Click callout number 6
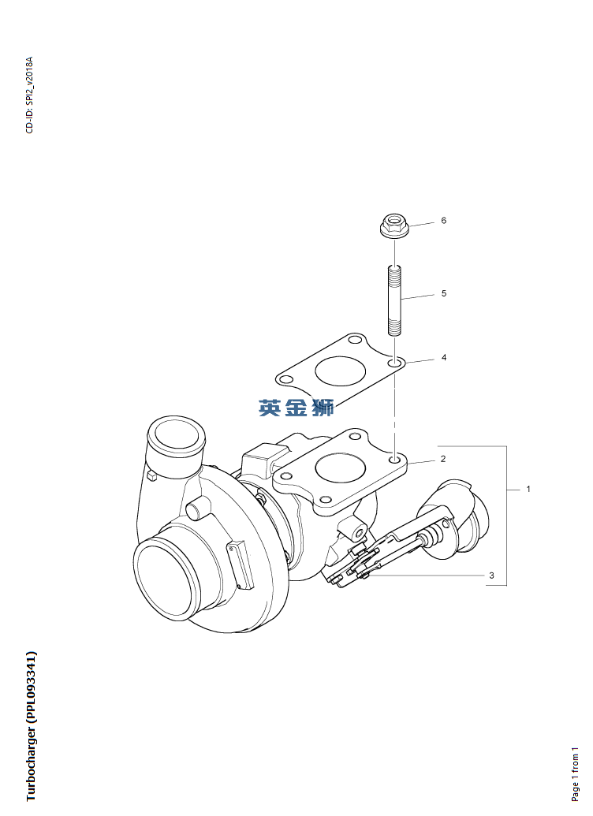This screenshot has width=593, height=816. tap(444, 221)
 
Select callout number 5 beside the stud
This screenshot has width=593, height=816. tap(444, 293)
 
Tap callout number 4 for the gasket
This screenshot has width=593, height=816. tap(444, 357)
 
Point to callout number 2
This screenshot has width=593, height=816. tap(443, 459)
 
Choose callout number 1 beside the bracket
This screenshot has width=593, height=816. tap(528, 489)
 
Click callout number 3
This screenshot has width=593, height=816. tap(491, 576)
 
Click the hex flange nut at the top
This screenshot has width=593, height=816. tap(393, 226)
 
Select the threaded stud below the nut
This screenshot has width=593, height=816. tap(394, 300)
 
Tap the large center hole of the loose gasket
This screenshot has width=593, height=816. tap(340, 371)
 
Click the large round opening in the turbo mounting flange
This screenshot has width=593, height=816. tap(340, 468)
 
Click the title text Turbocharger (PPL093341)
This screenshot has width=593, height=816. tap(32, 726)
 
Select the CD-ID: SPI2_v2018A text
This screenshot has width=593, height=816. tap(29, 95)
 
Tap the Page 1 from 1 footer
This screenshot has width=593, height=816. tap(575, 773)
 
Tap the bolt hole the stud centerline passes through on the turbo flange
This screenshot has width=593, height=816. tap(395, 460)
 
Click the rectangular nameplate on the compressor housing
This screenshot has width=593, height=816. tap(241, 564)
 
